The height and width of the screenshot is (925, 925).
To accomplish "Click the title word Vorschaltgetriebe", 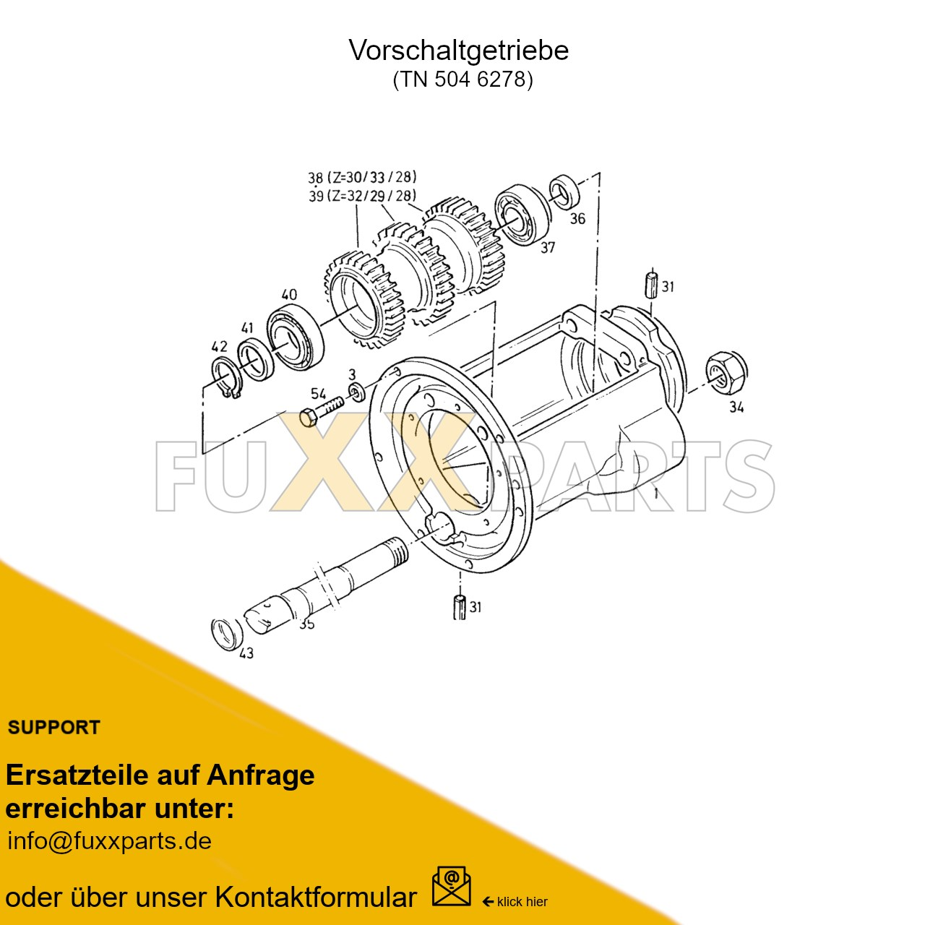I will point(459,50).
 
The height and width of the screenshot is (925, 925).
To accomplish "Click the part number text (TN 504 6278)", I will point(462,79).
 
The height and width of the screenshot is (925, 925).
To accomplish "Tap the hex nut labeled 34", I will point(726,371).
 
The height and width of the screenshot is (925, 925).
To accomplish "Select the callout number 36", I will point(577,218).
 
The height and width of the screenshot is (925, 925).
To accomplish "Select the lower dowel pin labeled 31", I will point(459,606).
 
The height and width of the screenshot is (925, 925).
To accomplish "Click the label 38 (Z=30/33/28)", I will point(362,177).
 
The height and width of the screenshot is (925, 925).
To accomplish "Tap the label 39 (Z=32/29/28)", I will point(362,196).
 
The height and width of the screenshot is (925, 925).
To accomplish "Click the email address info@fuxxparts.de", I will point(109,841).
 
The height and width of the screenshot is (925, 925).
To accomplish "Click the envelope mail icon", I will point(451,887).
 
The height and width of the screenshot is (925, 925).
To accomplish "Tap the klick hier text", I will point(522,901).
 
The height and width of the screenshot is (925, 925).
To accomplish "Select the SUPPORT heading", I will point(53,727).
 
